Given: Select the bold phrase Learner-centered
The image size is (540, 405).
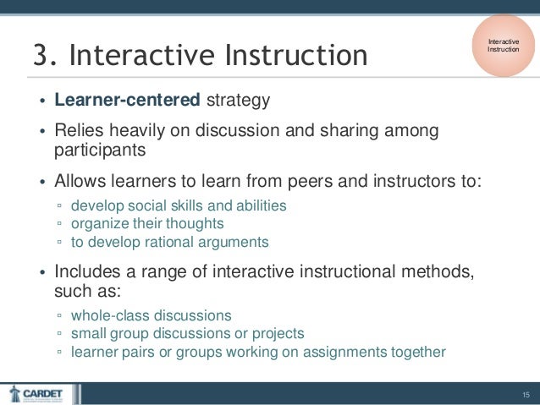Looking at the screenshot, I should [127, 101].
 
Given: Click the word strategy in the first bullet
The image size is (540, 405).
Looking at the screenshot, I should [238, 101].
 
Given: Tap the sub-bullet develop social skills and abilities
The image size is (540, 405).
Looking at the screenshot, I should [179, 205].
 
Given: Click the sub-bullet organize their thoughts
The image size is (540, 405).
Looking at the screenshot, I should [147, 223].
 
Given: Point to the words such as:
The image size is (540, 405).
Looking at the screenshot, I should [88, 291].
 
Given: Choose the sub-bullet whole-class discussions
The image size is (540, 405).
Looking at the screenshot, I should [151, 315].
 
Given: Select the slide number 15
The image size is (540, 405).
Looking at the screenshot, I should [526, 394].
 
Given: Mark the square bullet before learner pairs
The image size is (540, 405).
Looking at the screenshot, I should [59, 353].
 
